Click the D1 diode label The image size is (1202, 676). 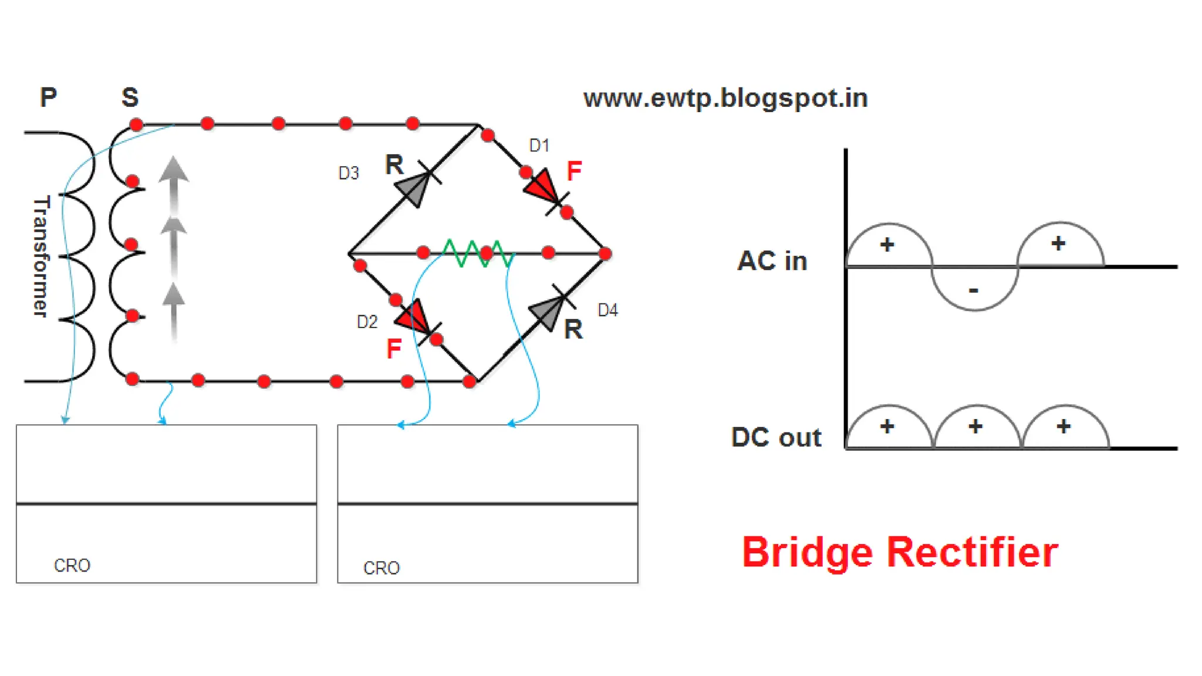(x=539, y=146)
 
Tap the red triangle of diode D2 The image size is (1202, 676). (x=413, y=317)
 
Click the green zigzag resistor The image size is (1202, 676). (x=478, y=253)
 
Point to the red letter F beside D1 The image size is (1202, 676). (x=574, y=171)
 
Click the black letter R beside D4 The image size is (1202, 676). (x=573, y=330)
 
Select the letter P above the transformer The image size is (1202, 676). (x=48, y=97)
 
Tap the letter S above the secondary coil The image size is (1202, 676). (x=130, y=97)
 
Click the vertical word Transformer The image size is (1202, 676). (x=40, y=256)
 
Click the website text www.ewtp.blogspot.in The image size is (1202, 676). (x=725, y=98)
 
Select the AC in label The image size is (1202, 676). (x=772, y=261)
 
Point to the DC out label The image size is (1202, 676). (x=776, y=437)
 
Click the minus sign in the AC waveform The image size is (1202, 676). (x=974, y=290)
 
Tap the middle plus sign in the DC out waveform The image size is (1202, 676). (x=975, y=426)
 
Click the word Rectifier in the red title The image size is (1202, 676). (x=972, y=552)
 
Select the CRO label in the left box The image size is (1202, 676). (x=72, y=565)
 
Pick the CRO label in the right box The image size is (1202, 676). (x=381, y=568)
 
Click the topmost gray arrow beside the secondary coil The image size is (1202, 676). (x=174, y=171)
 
